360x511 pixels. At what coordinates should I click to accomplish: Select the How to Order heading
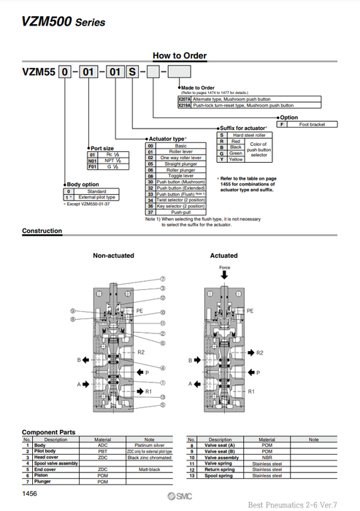[x=179, y=55]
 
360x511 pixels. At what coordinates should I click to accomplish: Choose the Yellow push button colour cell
[x=236, y=158]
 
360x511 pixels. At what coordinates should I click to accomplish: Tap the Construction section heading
[x=42, y=231]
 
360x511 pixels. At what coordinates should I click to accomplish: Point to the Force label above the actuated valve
[x=225, y=267]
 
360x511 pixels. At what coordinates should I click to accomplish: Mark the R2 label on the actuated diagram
[x=259, y=352]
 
